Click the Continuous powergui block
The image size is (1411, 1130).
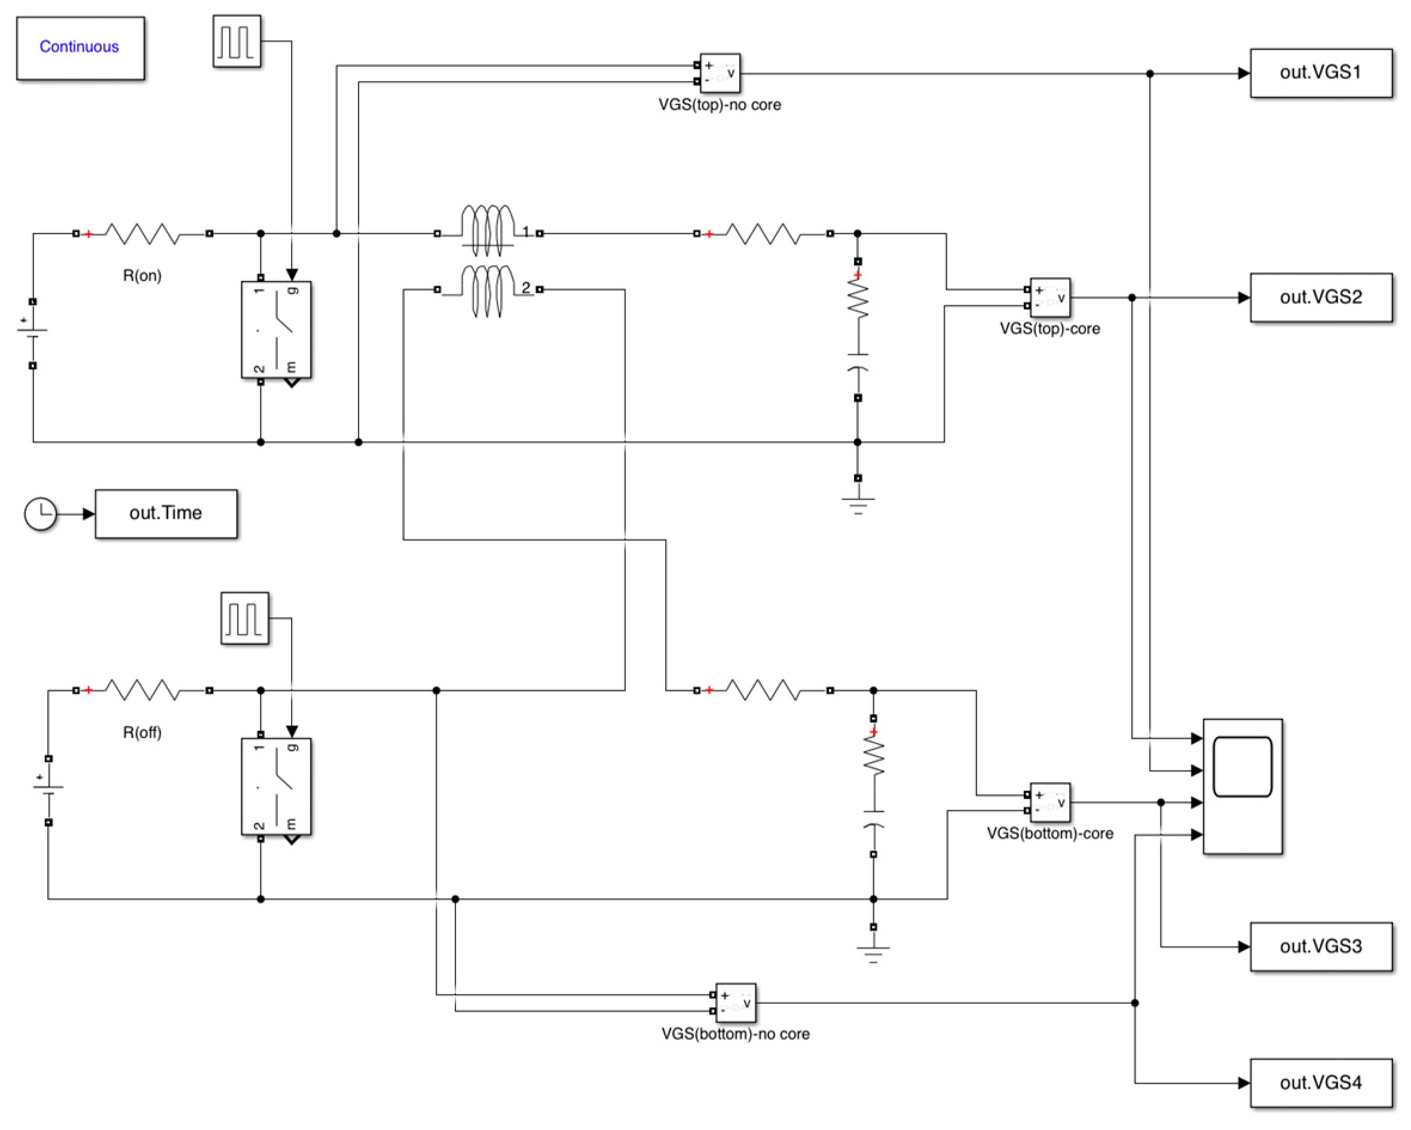point(81,48)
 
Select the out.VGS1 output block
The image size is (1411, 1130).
point(1320,74)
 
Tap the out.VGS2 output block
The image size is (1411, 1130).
point(1320,298)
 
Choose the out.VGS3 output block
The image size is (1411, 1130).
point(1320,947)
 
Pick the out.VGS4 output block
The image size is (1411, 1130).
point(1320,1083)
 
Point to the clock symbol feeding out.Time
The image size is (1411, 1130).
point(41,514)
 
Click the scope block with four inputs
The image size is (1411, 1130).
point(1242,786)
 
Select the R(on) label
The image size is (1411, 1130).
point(142,275)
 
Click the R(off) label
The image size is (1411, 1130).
point(142,732)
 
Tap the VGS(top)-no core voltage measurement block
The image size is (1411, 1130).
point(720,73)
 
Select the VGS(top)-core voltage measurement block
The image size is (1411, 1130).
point(1050,298)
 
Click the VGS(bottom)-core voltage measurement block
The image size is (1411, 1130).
point(1050,802)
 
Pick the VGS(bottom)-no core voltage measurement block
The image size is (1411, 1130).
point(736,1002)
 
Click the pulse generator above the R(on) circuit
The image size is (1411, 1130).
point(237,41)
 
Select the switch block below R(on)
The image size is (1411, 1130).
point(276,330)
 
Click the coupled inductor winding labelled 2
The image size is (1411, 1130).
point(488,290)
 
